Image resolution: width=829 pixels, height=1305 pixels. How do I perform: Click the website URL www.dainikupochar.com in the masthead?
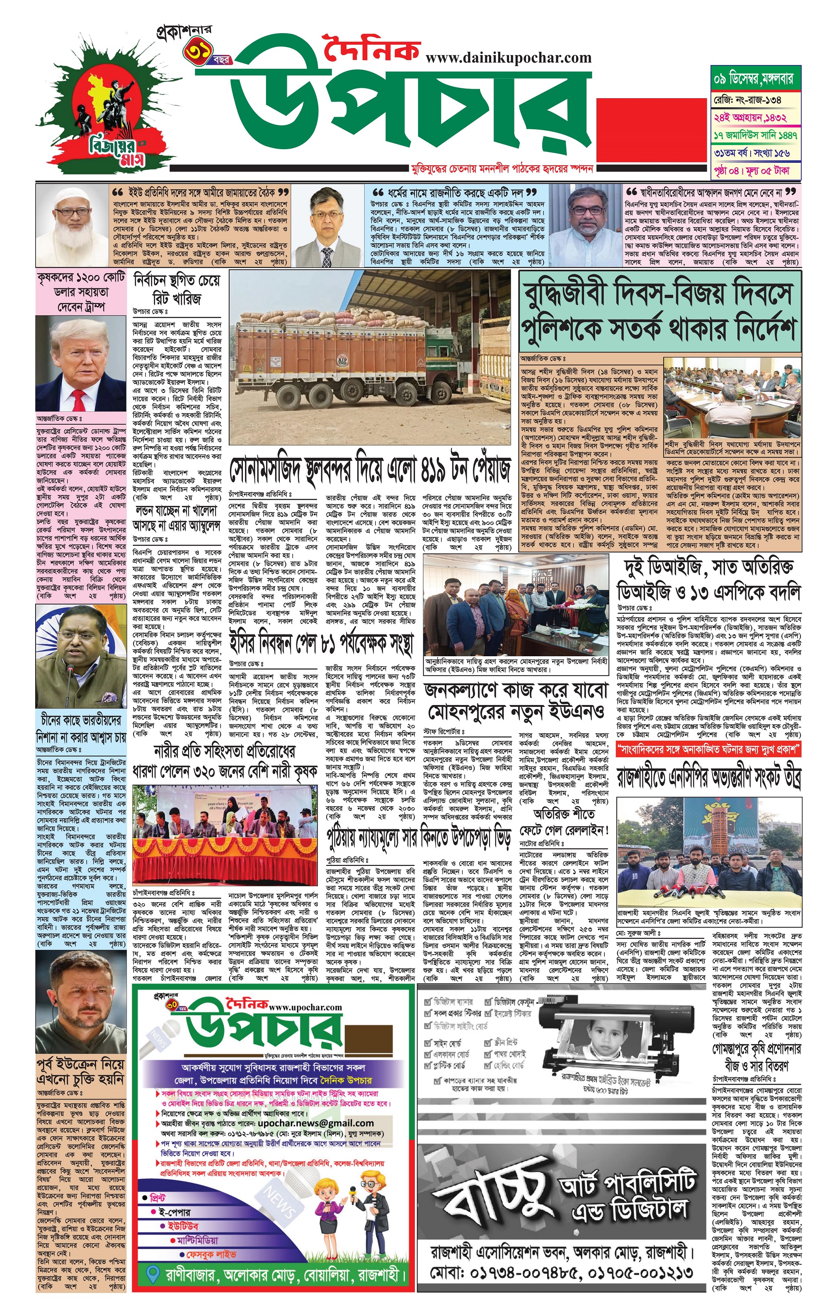(509, 58)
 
